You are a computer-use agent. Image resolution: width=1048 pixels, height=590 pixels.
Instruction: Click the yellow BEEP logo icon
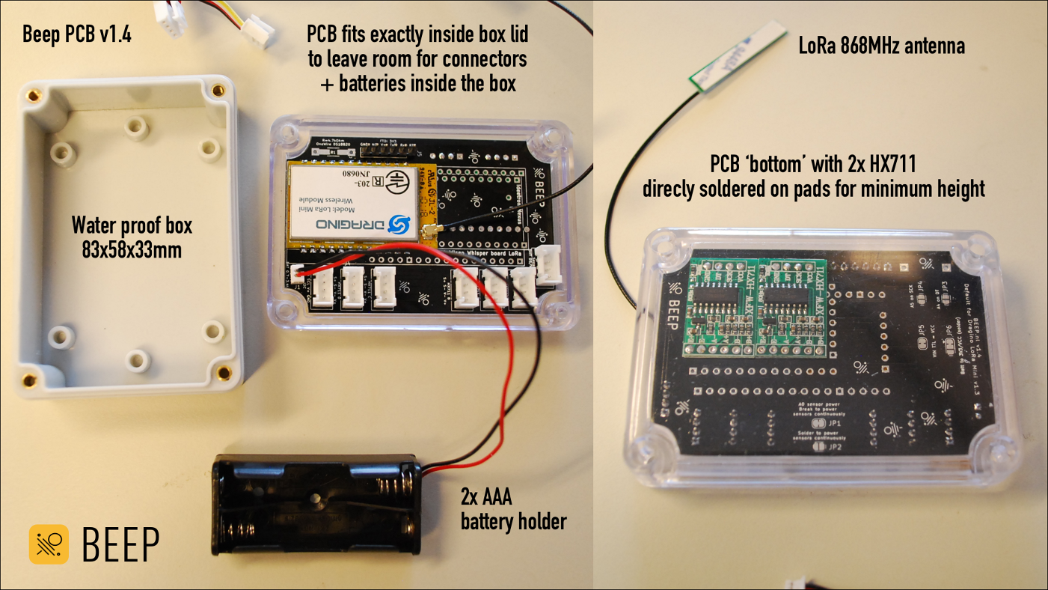click(49, 544)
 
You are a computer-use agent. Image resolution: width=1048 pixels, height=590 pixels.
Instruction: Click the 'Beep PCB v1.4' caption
click(77, 34)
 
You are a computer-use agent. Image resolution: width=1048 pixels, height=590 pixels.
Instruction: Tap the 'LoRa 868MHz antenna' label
click(881, 46)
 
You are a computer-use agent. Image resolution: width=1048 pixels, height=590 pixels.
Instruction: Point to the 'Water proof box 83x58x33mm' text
click(132, 237)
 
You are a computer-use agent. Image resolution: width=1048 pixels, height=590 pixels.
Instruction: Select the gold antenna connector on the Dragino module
click(432, 234)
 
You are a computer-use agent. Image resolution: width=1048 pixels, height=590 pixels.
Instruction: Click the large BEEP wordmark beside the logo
click(120, 544)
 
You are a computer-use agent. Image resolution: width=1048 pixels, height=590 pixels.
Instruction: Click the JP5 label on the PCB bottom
click(920, 329)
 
